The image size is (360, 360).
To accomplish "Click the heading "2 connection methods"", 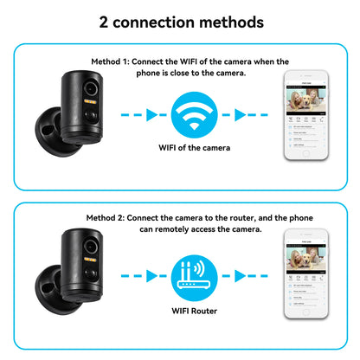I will [x=179, y=20].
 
